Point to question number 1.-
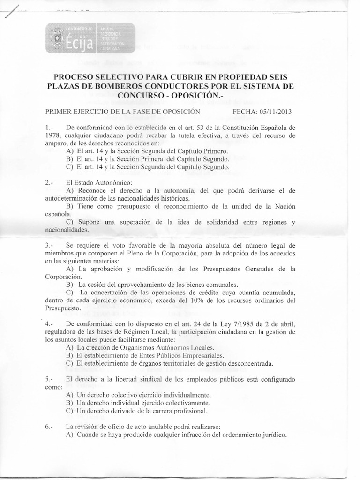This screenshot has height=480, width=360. click(x=51, y=127)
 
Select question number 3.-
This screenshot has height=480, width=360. click(x=51, y=245)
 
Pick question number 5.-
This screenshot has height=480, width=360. click(x=51, y=378)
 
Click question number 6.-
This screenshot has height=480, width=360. click(x=51, y=426)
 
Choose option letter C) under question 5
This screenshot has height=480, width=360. click(x=69, y=411)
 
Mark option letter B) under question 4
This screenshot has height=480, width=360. click(x=69, y=355)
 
